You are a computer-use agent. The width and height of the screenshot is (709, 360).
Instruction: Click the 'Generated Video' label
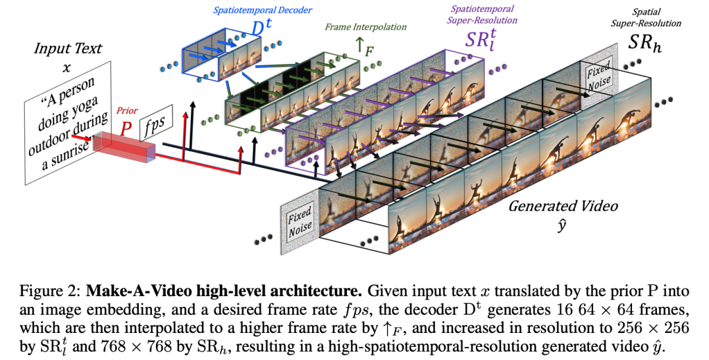[x=563, y=206]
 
